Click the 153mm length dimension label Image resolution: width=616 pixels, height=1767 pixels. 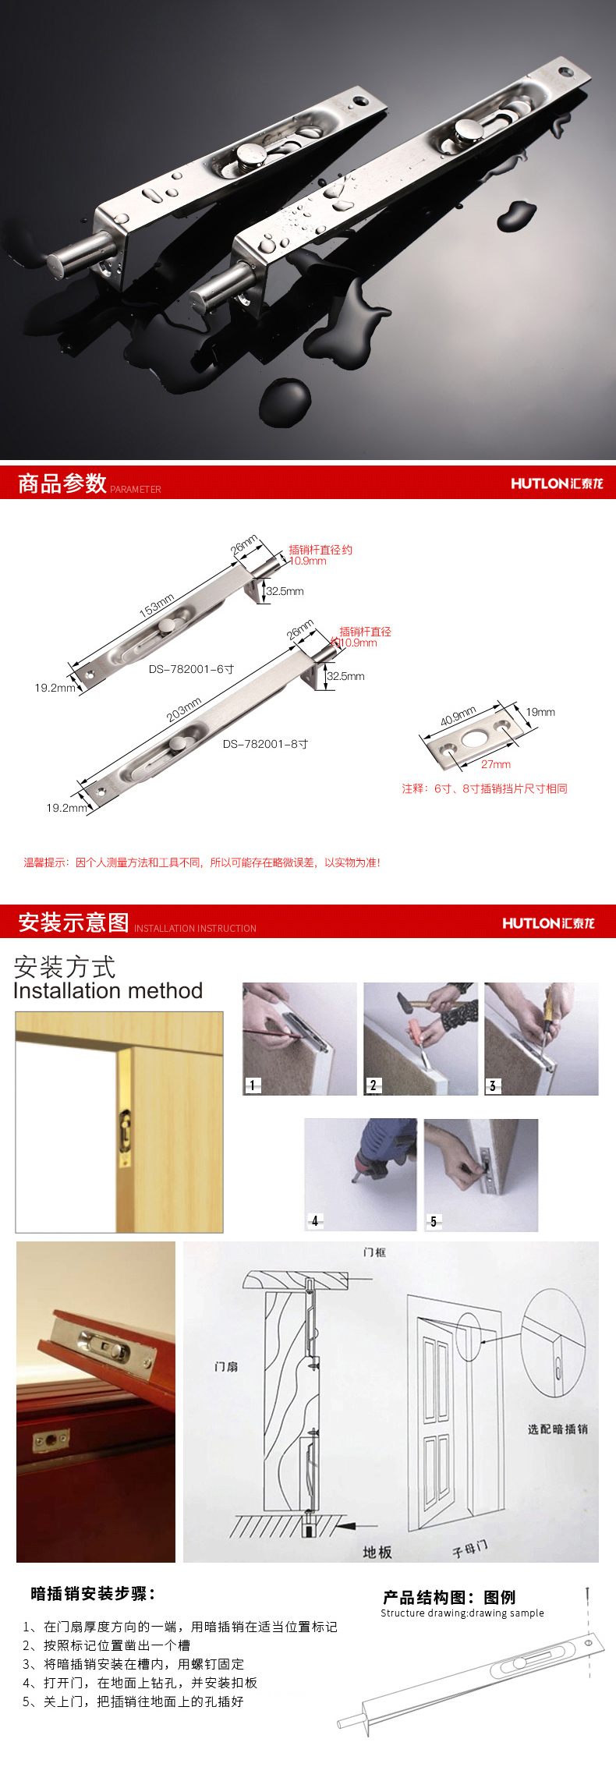tap(156, 605)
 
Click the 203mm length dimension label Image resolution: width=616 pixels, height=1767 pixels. tap(184, 709)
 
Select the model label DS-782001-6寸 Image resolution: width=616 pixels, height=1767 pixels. tap(191, 669)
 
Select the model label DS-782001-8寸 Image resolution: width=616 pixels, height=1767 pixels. tap(265, 744)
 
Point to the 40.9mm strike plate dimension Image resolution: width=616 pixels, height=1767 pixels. tap(458, 716)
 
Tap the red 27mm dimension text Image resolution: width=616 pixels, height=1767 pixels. tap(496, 764)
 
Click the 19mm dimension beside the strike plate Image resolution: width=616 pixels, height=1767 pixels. tap(540, 712)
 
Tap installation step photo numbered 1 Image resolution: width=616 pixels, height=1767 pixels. tap(299, 1039)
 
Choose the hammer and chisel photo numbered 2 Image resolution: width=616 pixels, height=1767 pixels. tap(420, 1039)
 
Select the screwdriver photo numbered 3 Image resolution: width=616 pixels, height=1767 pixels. tap(541, 1039)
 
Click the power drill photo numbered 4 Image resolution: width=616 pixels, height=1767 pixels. tap(360, 1174)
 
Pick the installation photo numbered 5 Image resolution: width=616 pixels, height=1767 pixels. tap(481, 1174)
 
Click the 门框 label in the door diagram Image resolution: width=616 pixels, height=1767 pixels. tap(374, 1252)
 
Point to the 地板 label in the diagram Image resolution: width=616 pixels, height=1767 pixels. tap(377, 1553)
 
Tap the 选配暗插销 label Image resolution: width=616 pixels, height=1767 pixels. tap(558, 1429)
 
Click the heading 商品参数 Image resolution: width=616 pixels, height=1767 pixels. tap(62, 483)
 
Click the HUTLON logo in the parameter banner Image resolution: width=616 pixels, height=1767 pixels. tap(557, 483)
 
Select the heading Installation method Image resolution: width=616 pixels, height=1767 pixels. tap(108, 990)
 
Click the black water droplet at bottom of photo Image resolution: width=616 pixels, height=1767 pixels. tap(285, 402)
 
